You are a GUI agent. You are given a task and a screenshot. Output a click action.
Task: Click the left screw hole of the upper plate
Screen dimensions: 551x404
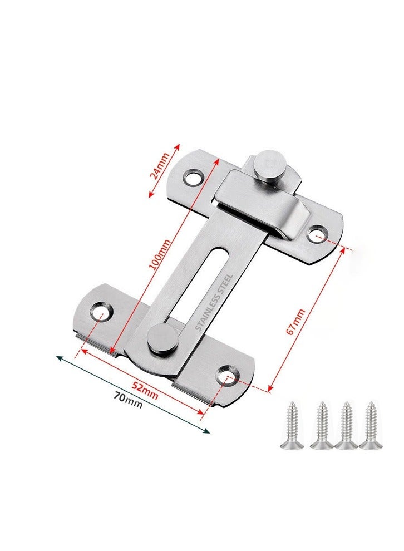[x=193, y=179]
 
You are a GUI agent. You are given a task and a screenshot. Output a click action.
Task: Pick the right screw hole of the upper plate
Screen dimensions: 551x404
[x=317, y=233]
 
